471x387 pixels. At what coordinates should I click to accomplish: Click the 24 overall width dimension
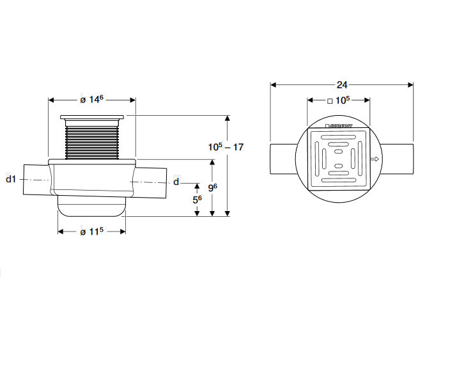click(x=341, y=84)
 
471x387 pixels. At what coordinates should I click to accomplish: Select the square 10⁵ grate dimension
click(x=339, y=100)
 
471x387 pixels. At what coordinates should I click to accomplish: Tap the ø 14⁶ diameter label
click(x=92, y=99)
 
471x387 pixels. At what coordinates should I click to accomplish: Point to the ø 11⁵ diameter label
click(x=92, y=232)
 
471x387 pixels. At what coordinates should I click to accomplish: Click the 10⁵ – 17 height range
click(x=226, y=146)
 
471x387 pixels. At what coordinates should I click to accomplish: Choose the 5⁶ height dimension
click(x=197, y=199)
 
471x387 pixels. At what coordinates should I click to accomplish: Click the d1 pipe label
click(x=10, y=179)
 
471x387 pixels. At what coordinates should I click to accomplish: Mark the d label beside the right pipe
click(x=176, y=182)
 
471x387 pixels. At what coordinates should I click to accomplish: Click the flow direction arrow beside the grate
click(x=375, y=159)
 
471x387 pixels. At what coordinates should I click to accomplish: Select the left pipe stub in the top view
click(x=282, y=159)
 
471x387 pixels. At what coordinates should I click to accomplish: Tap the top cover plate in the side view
click(x=92, y=118)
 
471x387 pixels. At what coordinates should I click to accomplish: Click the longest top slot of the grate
click(x=339, y=137)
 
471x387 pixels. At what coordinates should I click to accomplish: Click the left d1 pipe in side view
click(x=36, y=181)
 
